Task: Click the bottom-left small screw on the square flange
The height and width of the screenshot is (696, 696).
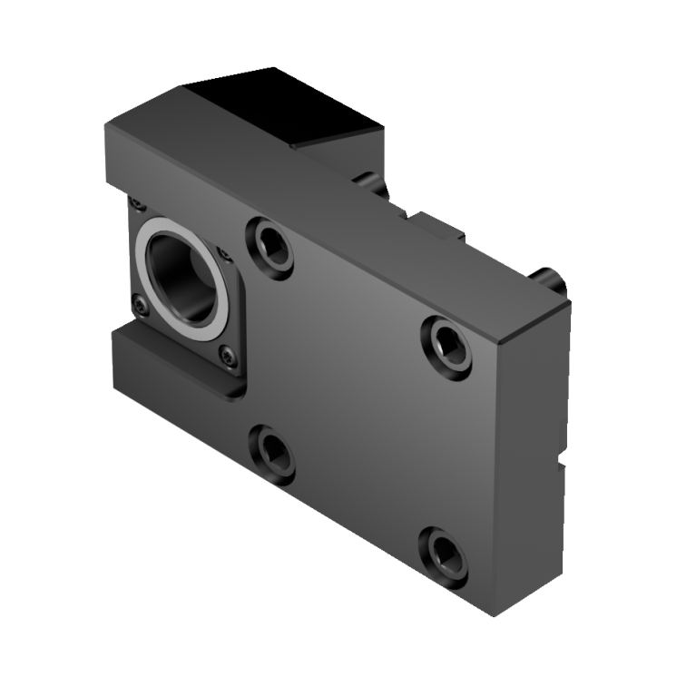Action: pyautogui.click(x=139, y=306)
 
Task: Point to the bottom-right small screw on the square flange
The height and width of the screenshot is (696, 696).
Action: pyautogui.click(x=229, y=358)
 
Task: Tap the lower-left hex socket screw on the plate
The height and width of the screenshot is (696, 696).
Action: pyautogui.click(x=272, y=451)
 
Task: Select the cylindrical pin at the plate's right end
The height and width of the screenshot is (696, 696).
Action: pyautogui.click(x=550, y=280)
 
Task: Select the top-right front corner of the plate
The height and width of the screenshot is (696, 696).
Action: pyautogui.click(x=500, y=339)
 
